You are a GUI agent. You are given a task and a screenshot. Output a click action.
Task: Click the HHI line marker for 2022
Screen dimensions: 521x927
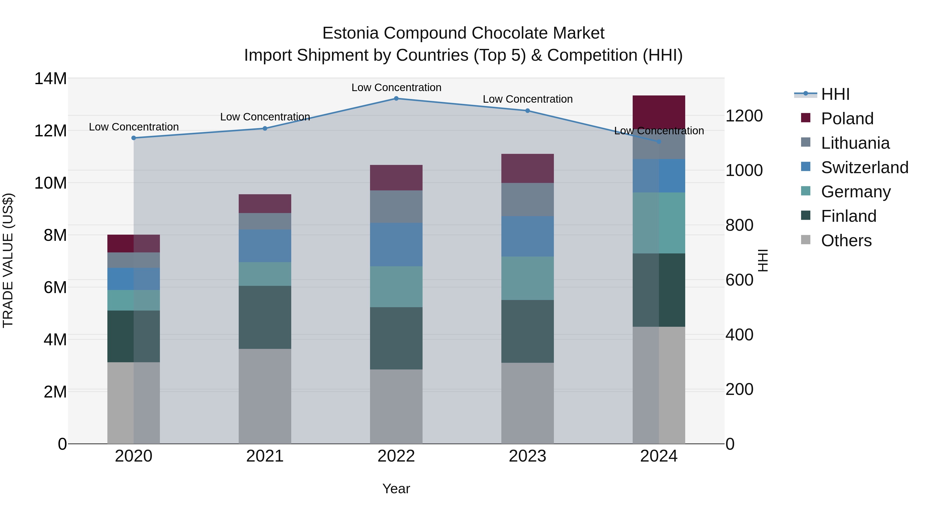(396, 99)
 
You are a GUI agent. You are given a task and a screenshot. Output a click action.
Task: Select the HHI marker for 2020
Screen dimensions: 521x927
(133, 138)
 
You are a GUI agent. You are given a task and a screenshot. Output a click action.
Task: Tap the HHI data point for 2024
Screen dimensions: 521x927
(659, 142)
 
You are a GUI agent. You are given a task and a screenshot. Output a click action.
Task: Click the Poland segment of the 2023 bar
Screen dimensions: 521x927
(528, 168)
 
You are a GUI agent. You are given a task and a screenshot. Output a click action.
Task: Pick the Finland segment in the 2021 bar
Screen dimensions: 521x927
(265, 317)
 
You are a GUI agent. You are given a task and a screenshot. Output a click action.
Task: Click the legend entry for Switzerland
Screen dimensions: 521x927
(865, 167)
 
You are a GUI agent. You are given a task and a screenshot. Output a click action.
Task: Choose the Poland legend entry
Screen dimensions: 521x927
(847, 119)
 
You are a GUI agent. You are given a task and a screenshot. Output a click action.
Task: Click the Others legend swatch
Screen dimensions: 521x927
(806, 240)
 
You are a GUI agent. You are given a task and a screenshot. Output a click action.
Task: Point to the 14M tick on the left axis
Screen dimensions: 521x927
(50, 78)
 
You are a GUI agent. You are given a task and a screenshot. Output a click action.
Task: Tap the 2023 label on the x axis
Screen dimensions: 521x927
(528, 456)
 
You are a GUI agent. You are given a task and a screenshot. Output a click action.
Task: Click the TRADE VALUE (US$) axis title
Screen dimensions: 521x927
(8, 260)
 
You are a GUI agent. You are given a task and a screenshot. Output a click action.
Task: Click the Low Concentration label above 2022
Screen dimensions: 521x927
(396, 87)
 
